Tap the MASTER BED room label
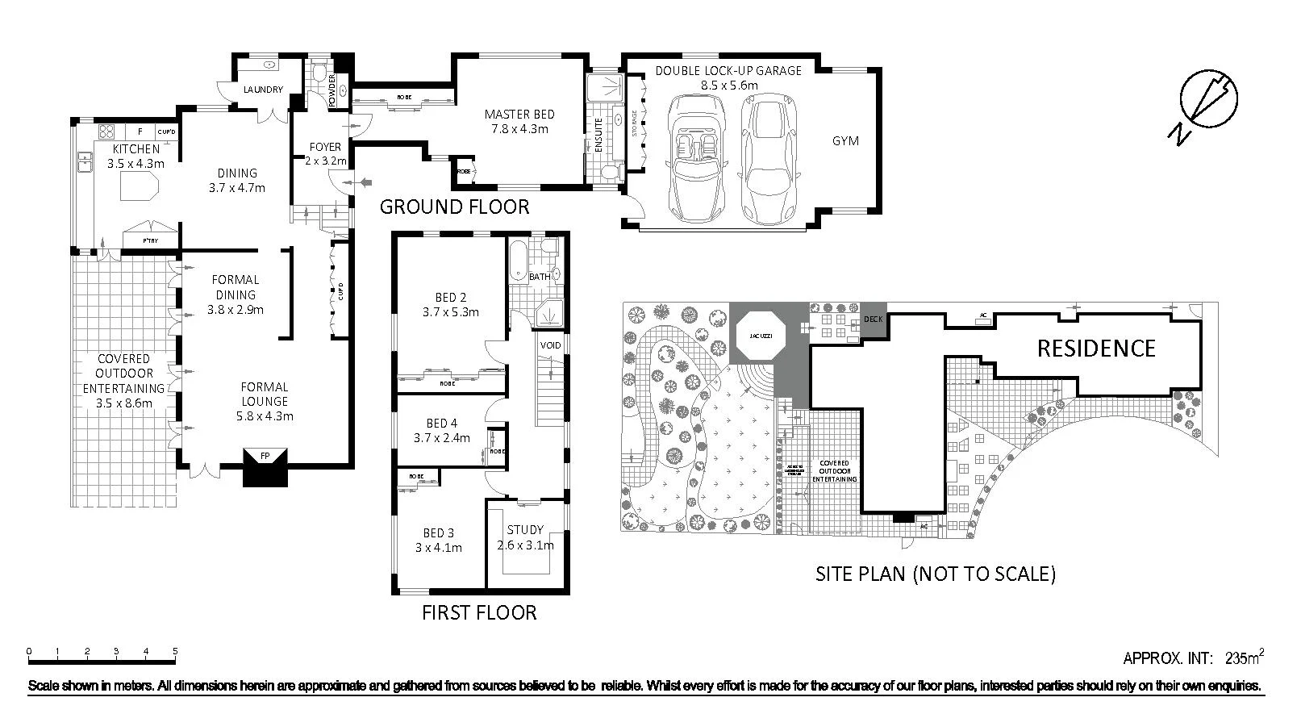pyautogui.click(x=519, y=115)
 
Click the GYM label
pyautogui.click(x=845, y=141)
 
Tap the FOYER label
pyautogui.click(x=325, y=147)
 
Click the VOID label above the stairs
pyautogui.click(x=550, y=345)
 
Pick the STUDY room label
pyautogui.click(x=525, y=530)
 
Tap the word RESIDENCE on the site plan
pyautogui.click(x=1095, y=349)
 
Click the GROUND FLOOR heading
pyautogui.click(x=454, y=207)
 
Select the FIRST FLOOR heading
pyautogui.click(x=479, y=613)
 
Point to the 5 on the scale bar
pyautogui.click(x=175, y=651)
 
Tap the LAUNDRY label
pyautogui.click(x=263, y=90)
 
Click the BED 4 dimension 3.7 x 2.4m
pyautogui.click(x=441, y=438)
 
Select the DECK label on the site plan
pyautogui.click(x=874, y=319)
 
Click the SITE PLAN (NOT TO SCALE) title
pyautogui.click(x=935, y=574)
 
